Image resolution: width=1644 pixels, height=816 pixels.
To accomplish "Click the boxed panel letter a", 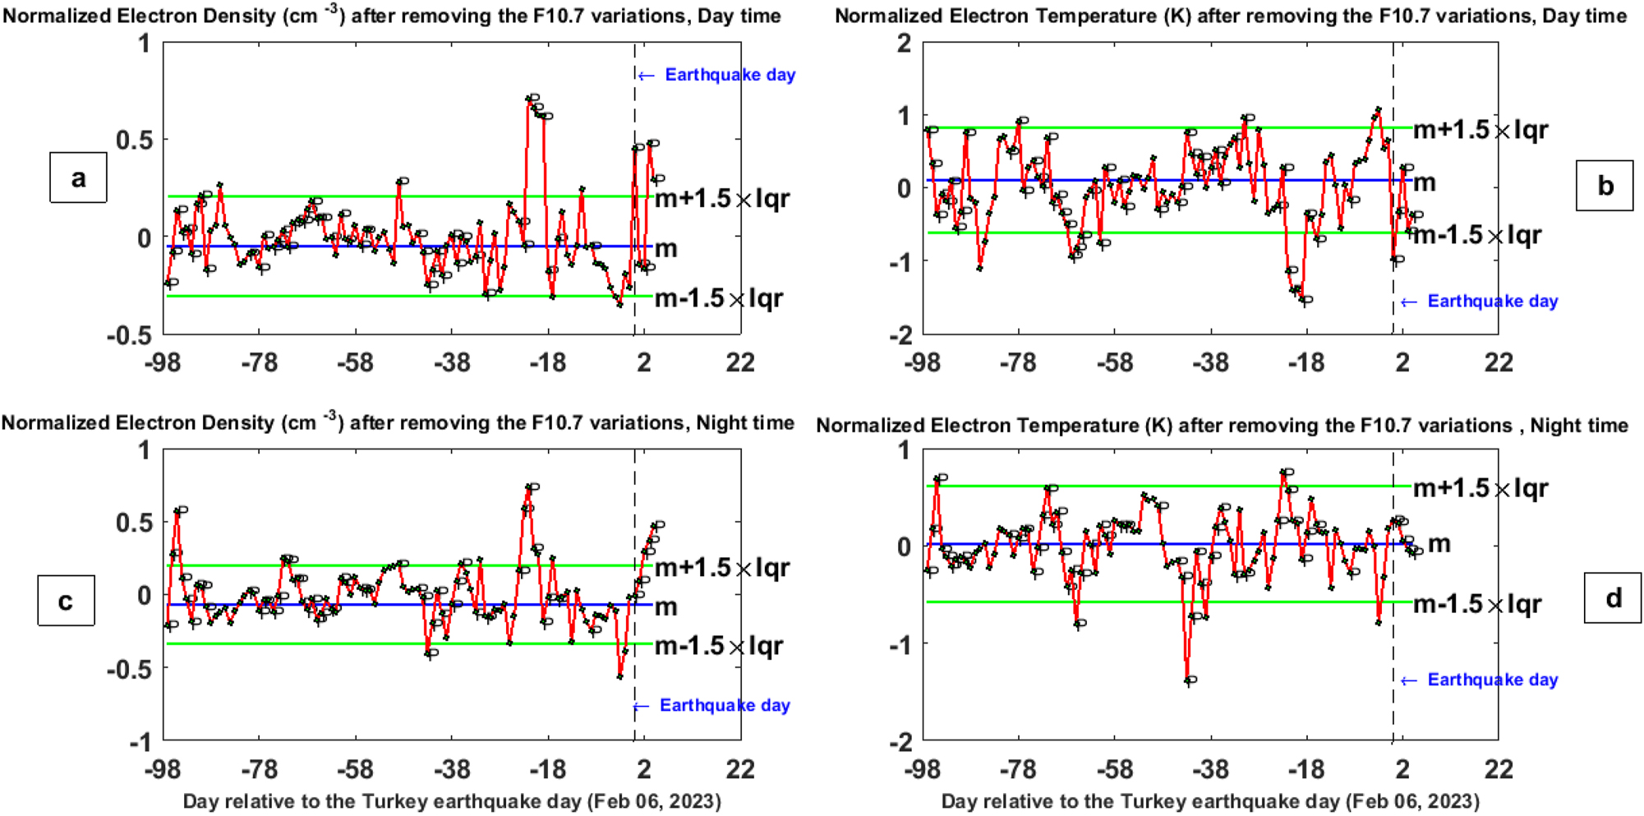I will (x=78, y=177).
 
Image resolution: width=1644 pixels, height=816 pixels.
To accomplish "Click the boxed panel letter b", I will (x=1604, y=186).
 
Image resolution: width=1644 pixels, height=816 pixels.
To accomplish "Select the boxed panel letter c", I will (x=66, y=601).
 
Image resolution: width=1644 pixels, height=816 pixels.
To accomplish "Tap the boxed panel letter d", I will (x=1613, y=598).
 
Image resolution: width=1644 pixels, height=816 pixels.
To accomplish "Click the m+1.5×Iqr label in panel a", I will (x=721, y=199).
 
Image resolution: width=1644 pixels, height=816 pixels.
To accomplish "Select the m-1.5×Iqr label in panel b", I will (x=1476, y=236).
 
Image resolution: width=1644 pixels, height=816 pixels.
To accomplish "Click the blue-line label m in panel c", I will (x=665, y=607).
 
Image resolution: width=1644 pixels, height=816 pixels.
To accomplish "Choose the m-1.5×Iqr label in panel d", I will (x=1476, y=605).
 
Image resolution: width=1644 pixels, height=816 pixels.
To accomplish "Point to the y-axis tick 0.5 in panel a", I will (x=134, y=140).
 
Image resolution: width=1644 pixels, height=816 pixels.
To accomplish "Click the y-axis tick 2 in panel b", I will (x=904, y=43).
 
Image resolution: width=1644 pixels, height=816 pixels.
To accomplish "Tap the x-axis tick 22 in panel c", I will (x=740, y=769).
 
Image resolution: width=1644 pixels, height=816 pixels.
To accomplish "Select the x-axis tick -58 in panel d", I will (x=1114, y=769).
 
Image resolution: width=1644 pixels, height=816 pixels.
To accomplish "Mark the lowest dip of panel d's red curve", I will (x=1188, y=681).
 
